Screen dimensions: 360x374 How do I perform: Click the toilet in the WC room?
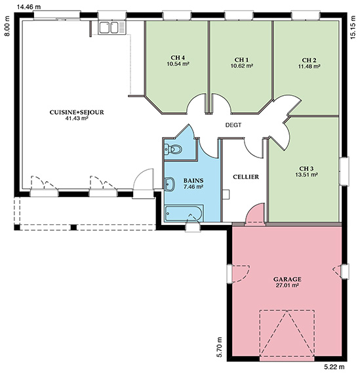pos(173,150)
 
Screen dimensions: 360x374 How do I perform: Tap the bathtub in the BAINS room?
pos(184,213)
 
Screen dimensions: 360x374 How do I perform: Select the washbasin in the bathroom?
pos(170,184)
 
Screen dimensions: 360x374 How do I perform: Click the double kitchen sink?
pos(112,28)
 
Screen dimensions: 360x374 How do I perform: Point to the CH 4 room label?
pos(178,58)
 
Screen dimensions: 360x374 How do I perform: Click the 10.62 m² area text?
pos(241,66)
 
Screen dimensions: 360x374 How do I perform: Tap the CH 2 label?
pos(309,60)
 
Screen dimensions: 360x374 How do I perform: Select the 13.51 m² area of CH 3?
pos(306,175)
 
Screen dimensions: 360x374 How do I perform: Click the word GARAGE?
pos(287,279)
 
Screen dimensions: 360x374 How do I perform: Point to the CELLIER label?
pos(246,177)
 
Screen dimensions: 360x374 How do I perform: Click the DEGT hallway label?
pos(233,125)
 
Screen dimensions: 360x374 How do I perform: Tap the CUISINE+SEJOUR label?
pos(77,112)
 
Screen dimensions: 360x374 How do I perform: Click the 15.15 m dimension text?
pos(353,27)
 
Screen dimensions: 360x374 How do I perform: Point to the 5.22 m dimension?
pos(334,366)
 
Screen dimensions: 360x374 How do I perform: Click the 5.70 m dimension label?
pos(219,347)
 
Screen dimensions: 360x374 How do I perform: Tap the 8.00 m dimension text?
pos(7,26)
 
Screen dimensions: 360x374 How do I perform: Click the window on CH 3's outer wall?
pos(344,171)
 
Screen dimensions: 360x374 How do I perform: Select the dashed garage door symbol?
pos(287,333)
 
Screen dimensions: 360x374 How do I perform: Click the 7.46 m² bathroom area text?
pos(193,186)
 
